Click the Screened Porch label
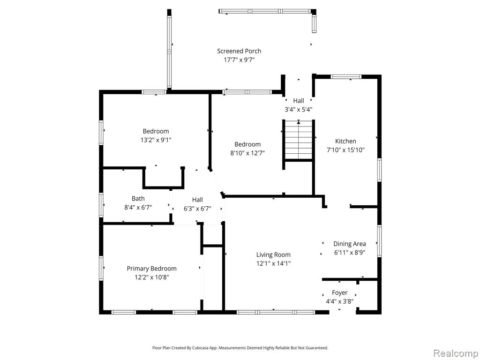pos(239,52)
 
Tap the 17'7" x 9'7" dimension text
pos(239,60)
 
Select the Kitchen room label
pos(345,141)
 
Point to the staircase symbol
pos(299,140)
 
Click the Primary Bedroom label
pos(151,269)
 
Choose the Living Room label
pos(273,255)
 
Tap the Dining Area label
pos(350,244)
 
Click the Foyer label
pos(339,293)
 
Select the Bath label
pos(138,199)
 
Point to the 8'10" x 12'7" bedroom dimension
pos(247,153)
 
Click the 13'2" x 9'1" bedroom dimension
pos(156,140)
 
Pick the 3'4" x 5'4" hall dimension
pos(299,109)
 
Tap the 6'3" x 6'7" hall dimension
pos(197,209)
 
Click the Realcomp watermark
pos(455,353)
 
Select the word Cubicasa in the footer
pos(201,348)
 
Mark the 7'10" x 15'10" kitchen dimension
pos(345,150)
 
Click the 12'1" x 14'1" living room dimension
pos(273,263)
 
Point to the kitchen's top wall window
pos(346,76)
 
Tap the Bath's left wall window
pos(101,205)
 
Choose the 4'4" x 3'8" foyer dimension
pos(339,301)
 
